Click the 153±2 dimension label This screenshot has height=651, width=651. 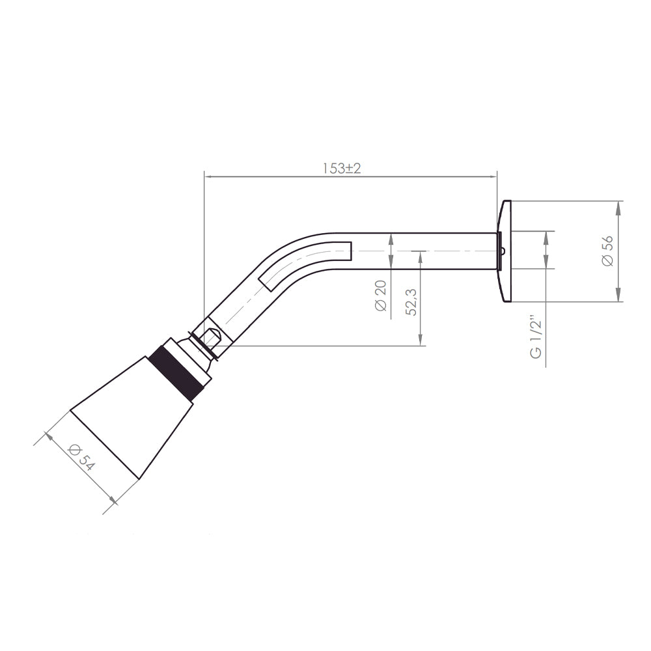click(342, 168)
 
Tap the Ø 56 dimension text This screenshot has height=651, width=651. click(607, 251)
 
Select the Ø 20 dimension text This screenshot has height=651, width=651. click(380, 296)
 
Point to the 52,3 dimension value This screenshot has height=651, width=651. click(411, 302)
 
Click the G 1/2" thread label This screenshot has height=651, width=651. click(536, 339)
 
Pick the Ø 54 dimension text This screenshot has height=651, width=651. click(81, 458)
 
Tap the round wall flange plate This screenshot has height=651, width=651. click(505, 251)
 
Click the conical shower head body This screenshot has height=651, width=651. click(132, 417)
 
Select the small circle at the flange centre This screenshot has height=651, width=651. click(503, 251)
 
